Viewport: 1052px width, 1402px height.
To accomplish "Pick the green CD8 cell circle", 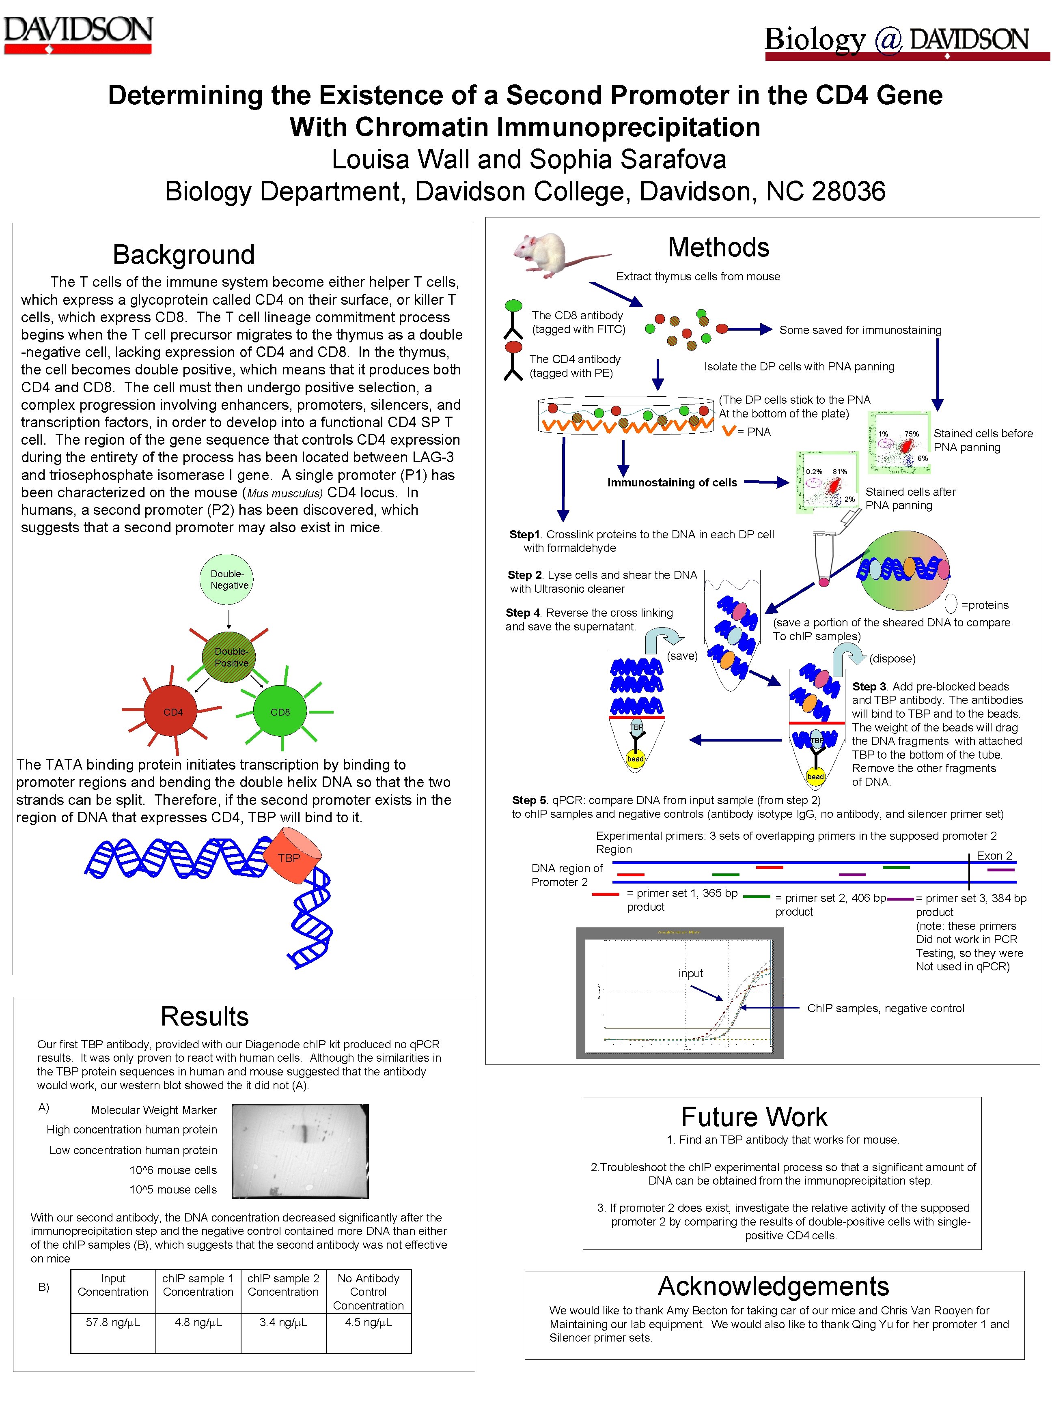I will (x=280, y=712).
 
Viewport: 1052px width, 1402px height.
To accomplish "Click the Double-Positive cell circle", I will (x=230, y=657).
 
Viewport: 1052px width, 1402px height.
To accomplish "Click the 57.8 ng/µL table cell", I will (x=113, y=1322).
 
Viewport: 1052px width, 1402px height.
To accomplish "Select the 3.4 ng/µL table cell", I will (x=283, y=1322).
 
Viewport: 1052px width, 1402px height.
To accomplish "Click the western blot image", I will (x=300, y=1150).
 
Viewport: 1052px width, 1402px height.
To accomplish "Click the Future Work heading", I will (x=754, y=1117).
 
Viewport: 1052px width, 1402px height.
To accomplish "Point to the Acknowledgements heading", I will (x=773, y=1286).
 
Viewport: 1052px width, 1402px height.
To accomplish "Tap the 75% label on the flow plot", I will (x=911, y=434).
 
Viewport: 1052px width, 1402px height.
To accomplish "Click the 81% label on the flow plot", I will (x=840, y=471).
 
